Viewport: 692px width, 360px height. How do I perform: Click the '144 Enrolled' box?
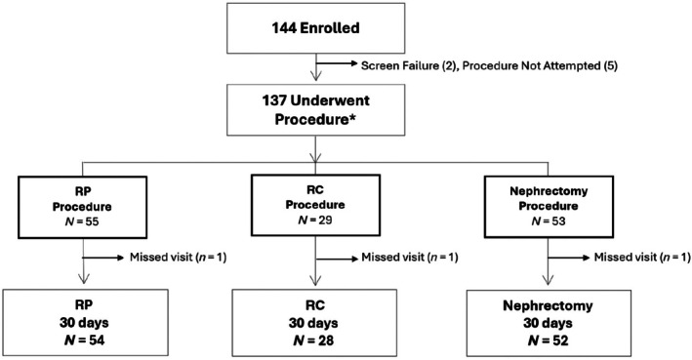(x=315, y=28)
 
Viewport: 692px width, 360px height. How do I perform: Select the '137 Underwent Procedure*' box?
(x=315, y=110)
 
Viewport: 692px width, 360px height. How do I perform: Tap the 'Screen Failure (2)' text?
(x=408, y=65)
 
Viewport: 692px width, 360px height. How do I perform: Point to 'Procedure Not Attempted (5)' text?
(x=540, y=65)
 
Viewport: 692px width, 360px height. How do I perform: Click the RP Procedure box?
(x=83, y=207)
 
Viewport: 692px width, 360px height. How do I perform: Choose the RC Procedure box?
(x=315, y=205)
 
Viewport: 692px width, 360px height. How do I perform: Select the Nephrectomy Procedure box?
(x=549, y=207)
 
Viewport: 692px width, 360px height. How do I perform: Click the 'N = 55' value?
(x=82, y=221)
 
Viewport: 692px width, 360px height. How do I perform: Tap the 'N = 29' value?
(x=315, y=220)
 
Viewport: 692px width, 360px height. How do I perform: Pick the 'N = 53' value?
(x=549, y=221)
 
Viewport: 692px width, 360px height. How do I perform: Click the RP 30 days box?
(x=85, y=323)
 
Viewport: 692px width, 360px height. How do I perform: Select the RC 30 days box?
(x=314, y=323)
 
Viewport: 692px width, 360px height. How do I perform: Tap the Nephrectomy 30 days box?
(x=549, y=323)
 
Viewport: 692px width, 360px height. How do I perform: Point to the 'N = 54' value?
(x=84, y=340)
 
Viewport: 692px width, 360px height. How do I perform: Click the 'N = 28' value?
(x=313, y=340)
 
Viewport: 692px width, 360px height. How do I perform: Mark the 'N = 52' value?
(x=548, y=340)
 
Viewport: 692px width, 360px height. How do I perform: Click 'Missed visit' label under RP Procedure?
(x=160, y=258)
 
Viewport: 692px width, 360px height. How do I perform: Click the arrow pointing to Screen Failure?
(x=337, y=64)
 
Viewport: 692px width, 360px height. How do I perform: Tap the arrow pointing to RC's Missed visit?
(x=337, y=259)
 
